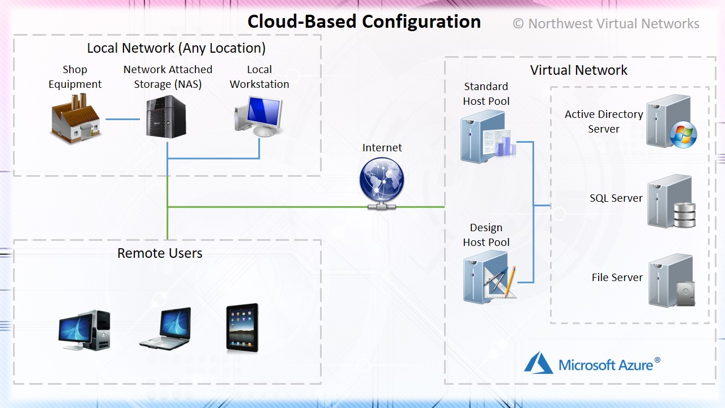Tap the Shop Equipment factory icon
click(76, 118)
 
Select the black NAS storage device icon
click(166, 117)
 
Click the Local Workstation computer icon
click(259, 117)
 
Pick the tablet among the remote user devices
click(242, 328)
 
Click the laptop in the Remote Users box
click(166, 328)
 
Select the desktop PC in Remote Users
click(84, 330)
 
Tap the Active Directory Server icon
click(671, 121)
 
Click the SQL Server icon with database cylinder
click(671, 201)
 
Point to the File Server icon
click(672, 280)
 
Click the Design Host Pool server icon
click(489, 277)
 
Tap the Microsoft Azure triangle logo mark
click(539, 363)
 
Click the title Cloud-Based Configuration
click(364, 22)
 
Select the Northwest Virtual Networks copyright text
click(606, 24)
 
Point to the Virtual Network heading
click(579, 70)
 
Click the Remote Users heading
click(160, 253)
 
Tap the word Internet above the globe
click(382, 148)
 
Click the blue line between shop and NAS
click(123, 119)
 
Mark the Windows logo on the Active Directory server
click(683, 135)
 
